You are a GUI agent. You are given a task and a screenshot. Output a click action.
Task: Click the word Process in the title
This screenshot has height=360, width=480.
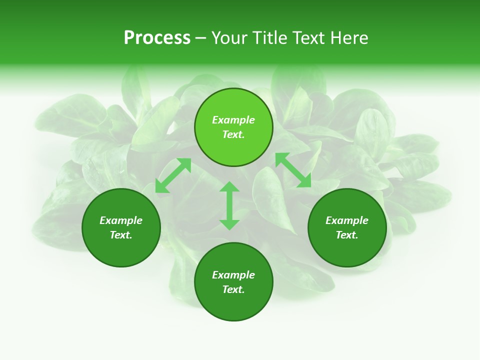[157, 38]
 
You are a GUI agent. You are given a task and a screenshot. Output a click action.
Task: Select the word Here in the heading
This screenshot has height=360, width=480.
[349, 38]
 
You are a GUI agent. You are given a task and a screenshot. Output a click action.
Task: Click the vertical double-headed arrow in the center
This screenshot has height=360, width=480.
[229, 205]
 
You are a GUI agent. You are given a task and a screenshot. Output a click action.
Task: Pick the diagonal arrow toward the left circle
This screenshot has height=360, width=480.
[173, 175]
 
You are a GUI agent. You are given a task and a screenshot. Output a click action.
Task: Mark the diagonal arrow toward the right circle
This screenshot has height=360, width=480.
[293, 170]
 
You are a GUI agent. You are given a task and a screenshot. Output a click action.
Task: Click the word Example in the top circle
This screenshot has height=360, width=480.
[233, 120]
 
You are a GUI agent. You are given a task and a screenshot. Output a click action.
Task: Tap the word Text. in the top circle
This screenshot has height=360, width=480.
[233, 134]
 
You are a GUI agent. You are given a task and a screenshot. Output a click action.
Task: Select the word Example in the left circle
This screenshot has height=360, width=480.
[121, 220]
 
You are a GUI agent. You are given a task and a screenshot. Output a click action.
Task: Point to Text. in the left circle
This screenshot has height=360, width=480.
[121, 235]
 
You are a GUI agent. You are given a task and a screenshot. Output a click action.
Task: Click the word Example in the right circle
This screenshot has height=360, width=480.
[347, 220]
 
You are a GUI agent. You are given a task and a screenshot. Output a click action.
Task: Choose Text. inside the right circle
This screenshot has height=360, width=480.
[347, 235]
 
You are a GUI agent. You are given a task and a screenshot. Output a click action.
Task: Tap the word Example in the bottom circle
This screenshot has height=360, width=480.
[233, 275]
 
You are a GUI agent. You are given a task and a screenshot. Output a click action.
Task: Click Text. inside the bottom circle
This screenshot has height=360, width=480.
[233, 289]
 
